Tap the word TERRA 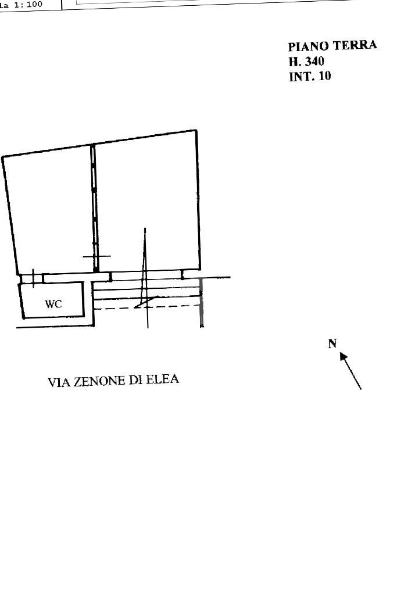coord(355,45)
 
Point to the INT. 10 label coord(310,76)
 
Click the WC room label coord(53,304)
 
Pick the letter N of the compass coord(332,343)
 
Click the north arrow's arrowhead coord(344,356)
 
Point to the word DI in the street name coord(135,381)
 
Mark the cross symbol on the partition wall coord(96,256)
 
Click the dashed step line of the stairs coord(169,306)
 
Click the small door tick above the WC coord(34,278)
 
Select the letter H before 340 coord(292,61)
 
